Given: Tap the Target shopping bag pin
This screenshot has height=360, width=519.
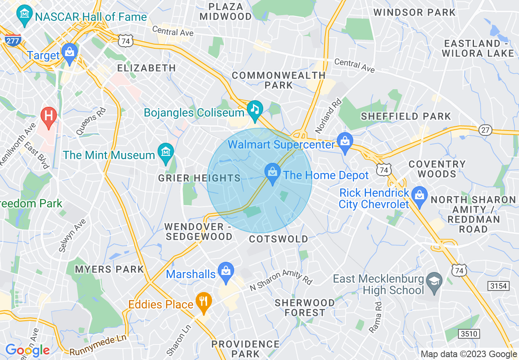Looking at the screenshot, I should tap(70, 53).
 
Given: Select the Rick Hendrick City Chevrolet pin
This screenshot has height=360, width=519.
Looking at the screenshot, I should tap(419, 196).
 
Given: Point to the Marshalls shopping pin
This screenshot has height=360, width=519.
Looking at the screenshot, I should tap(225, 271).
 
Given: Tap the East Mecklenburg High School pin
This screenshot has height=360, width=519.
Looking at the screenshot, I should tap(434, 281).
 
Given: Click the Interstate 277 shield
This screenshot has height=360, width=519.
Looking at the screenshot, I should tap(14, 40).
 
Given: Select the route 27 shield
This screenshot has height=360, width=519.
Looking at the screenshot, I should tap(485, 130).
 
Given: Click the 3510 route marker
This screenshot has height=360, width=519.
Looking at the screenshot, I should tap(468, 333).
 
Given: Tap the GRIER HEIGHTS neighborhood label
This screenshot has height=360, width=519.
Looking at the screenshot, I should tap(199, 178).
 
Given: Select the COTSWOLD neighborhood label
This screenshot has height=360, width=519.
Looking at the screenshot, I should tap(278, 239).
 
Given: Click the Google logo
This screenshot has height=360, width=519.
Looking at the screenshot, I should tap(27, 350).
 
